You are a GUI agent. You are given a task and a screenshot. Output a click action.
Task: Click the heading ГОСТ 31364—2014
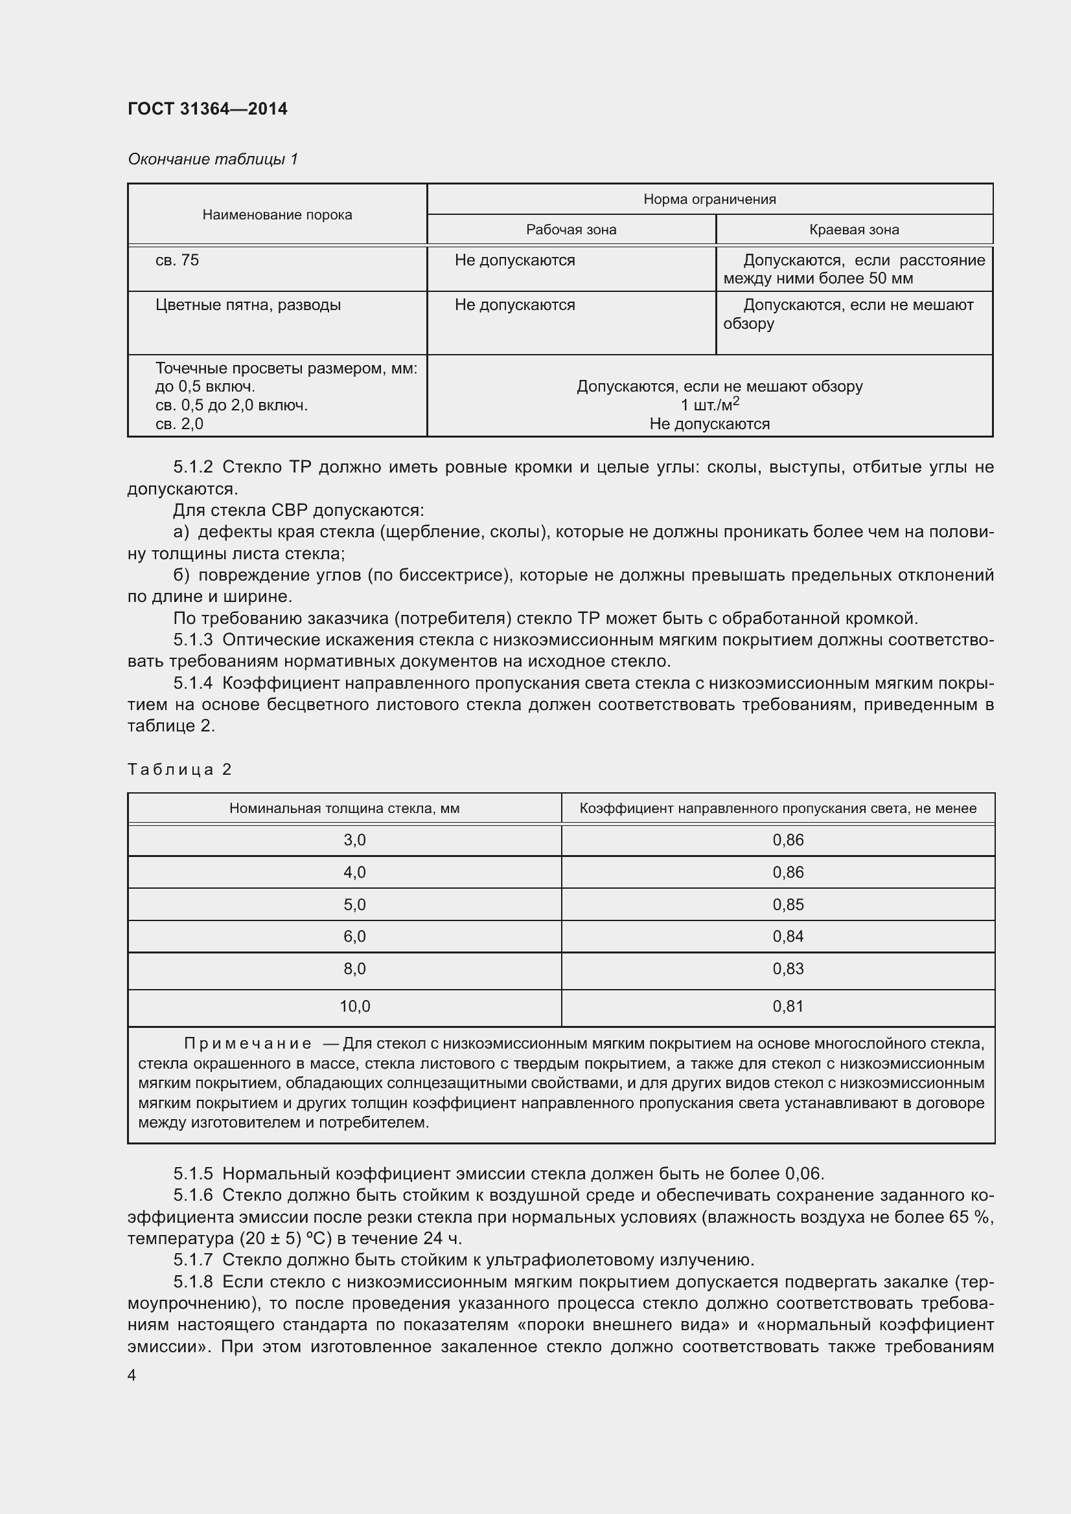(207, 109)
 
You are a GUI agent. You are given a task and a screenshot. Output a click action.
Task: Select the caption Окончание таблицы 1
(213, 159)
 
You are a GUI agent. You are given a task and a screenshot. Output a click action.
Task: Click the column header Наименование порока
(277, 215)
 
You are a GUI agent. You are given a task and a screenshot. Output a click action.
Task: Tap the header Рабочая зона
(571, 230)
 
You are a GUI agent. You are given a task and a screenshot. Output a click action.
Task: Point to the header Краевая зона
(854, 230)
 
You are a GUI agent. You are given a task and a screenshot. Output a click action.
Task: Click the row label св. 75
(177, 260)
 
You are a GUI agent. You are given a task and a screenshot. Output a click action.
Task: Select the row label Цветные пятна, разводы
(248, 306)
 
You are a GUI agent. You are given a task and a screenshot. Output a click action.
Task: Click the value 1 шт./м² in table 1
(709, 404)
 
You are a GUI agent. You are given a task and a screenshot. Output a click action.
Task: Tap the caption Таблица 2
(179, 770)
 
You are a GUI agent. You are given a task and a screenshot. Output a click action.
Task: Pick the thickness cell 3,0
(354, 840)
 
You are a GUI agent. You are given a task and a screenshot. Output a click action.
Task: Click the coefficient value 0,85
(788, 905)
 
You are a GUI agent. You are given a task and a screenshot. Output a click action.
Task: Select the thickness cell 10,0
(354, 1007)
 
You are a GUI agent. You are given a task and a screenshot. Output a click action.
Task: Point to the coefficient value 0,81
(788, 1007)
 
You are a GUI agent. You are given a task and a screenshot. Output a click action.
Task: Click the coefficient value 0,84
(788, 937)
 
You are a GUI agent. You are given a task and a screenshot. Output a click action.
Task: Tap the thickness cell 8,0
(354, 969)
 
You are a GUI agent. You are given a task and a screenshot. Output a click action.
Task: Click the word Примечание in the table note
(248, 1043)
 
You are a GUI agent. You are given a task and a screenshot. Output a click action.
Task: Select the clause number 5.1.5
(193, 1174)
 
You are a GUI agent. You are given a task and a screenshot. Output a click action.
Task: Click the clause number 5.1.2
(193, 467)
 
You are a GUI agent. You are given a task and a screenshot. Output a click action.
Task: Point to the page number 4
(132, 1375)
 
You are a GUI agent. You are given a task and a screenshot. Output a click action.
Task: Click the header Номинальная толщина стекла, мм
(345, 808)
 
